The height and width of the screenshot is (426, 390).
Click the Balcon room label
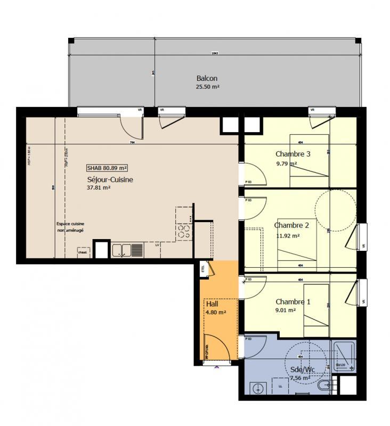coord(207,78)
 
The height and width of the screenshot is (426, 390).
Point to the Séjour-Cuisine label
coord(110,179)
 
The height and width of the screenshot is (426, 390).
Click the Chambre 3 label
coord(292,154)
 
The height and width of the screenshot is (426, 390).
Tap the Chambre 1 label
coord(292,302)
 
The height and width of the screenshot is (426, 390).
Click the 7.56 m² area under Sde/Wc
coord(299,378)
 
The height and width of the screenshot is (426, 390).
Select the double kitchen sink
coord(127,249)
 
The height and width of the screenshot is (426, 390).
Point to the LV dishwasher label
coord(157,245)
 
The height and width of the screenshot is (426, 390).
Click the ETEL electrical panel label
coord(203,268)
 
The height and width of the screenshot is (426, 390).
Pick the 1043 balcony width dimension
coord(215,53)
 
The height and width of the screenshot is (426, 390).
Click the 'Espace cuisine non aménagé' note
coord(71,227)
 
